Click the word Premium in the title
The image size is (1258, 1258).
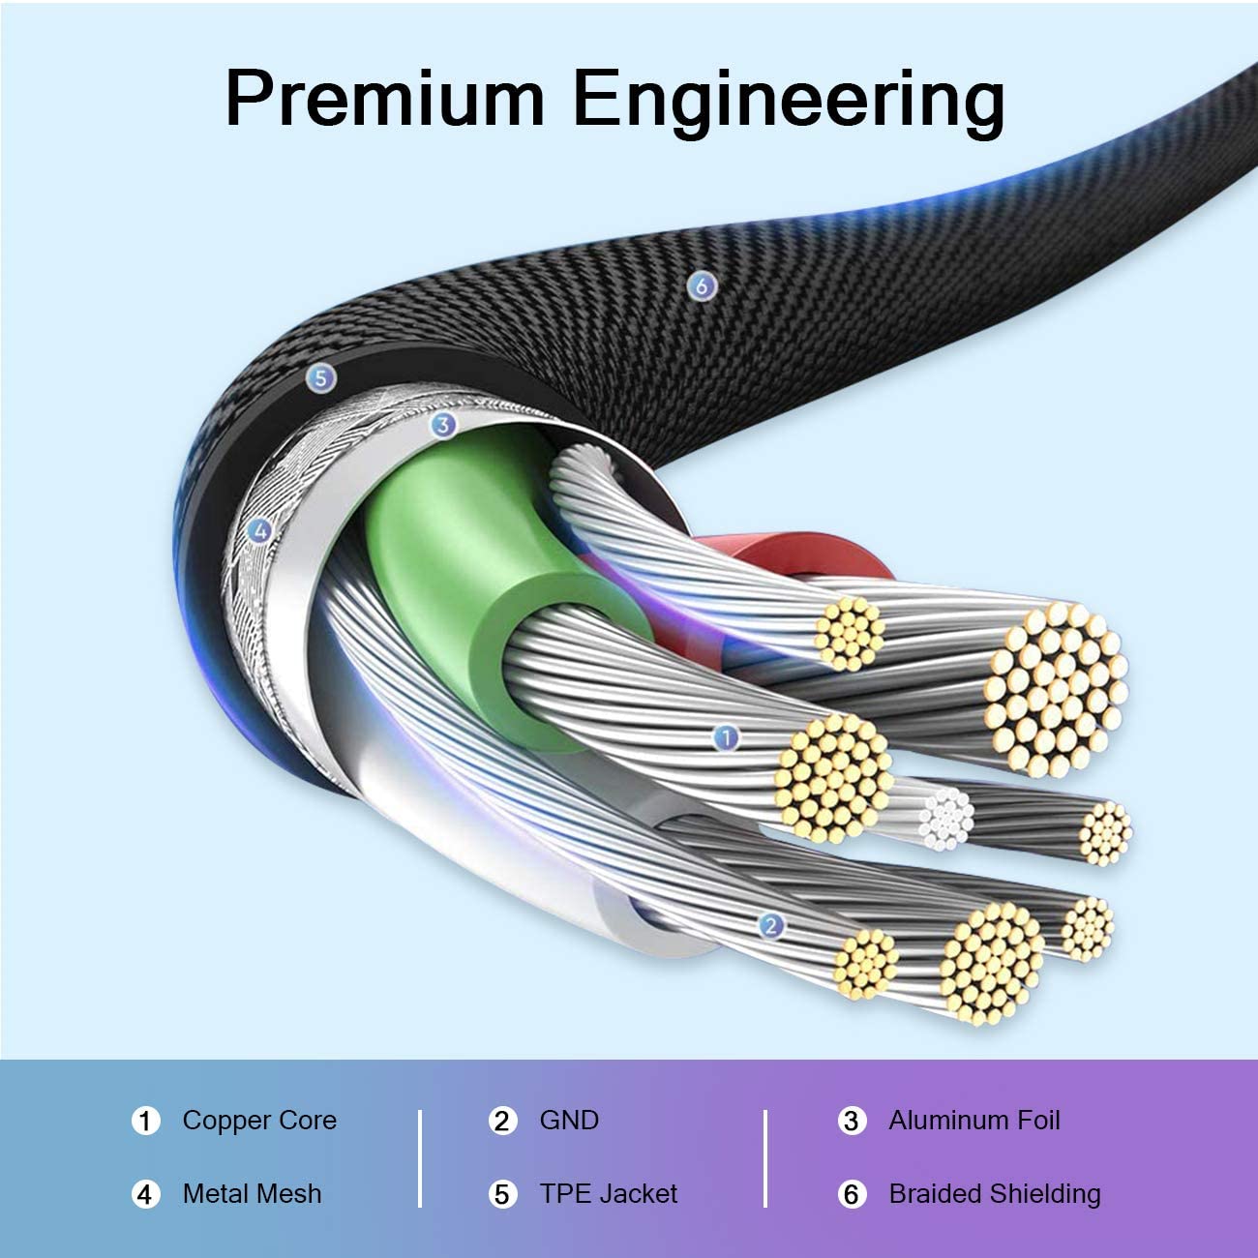click(385, 99)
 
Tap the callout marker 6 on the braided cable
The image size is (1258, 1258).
click(702, 285)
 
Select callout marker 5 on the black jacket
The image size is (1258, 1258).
click(320, 377)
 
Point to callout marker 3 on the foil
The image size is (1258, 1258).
click(442, 424)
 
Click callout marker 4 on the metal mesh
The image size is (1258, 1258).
click(258, 529)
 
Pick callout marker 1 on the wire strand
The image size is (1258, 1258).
click(726, 738)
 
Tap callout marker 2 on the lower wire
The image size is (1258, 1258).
click(770, 926)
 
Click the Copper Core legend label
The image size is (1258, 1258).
click(259, 1121)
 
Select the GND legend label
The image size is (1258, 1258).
click(569, 1121)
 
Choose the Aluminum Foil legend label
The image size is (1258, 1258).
click(973, 1121)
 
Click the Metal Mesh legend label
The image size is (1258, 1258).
click(252, 1194)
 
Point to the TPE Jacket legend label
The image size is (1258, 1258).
click(608, 1194)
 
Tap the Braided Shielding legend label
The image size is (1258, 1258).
click(994, 1194)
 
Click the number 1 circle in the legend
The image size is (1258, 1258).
click(145, 1122)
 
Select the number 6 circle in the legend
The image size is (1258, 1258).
click(851, 1195)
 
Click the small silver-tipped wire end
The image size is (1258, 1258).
click(945, 819)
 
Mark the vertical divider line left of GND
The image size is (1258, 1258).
click(420, 1158)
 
